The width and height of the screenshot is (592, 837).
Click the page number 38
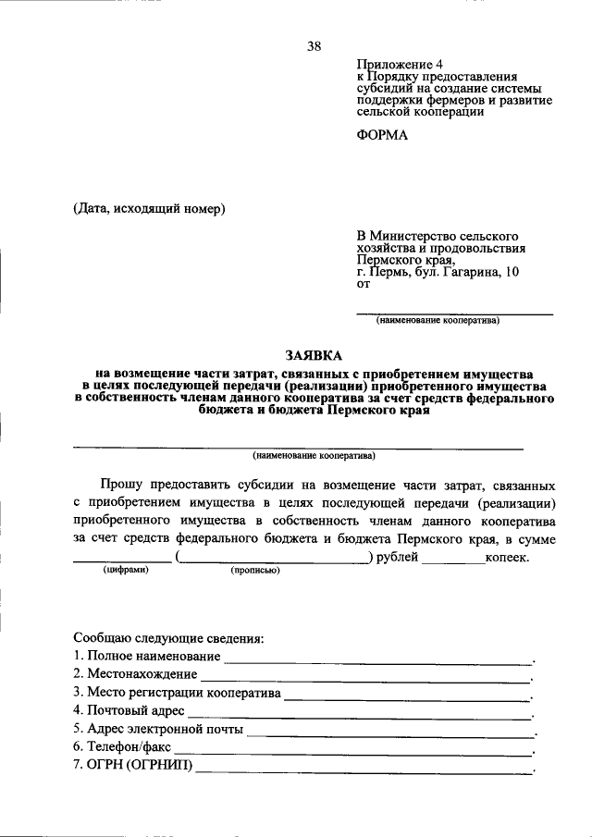tap(314, 46)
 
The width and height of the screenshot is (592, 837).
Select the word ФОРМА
tap(381, 134)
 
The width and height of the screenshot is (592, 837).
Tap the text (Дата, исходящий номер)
tap(150, 208)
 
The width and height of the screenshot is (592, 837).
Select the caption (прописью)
tap(255, 571)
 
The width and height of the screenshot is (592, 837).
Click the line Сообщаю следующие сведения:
tap(168, 638)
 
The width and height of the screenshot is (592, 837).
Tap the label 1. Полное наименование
tap(147, 656)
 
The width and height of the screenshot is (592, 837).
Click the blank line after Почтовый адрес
tap(359, 715)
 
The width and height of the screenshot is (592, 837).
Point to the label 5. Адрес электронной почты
tap(158, 729)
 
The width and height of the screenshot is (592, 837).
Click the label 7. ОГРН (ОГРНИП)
tap(134, 765)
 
